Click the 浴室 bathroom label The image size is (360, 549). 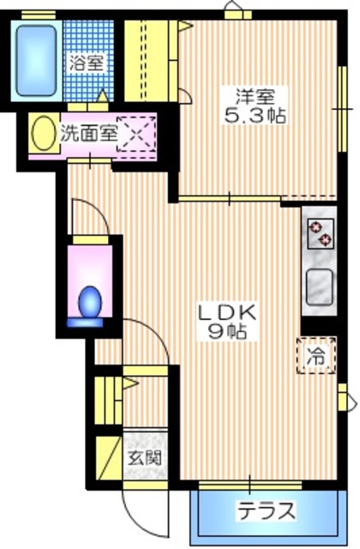pos(87,63)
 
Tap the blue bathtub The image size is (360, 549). pos(36,52)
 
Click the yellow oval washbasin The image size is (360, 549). pos(39,133)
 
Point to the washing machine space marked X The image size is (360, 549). pos(135,133)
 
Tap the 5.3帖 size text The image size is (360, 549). pos(250,113)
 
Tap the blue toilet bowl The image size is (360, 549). pos(89,303)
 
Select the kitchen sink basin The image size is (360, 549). pos(319,284)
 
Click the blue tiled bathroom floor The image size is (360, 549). pos(86,39)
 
